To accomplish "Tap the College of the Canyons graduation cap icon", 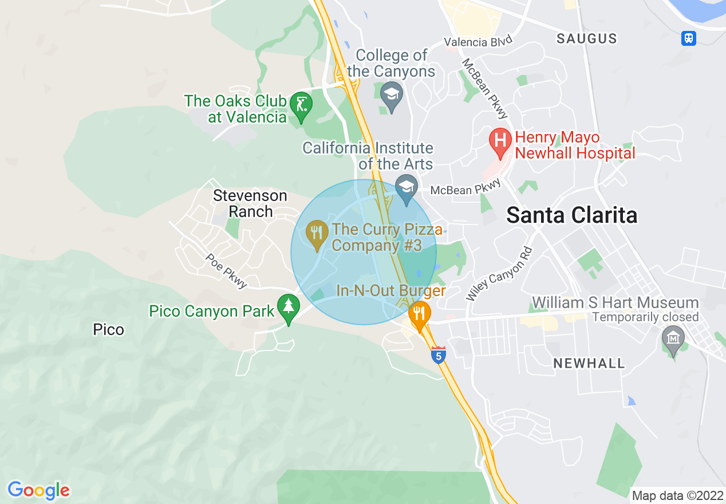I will [392, 94].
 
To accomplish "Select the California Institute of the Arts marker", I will [406, 188].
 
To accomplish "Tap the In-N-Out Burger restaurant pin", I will [420, 314].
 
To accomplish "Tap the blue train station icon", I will [689, 38].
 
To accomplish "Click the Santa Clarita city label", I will [572, 215].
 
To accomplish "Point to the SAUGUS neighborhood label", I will [587, 38].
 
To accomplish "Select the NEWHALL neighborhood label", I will [589, 363].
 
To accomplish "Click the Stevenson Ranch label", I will [250, 203].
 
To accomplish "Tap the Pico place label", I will [108, 330].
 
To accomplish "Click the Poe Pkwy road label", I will [227, 270].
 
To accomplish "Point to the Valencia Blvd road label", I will [478, 41].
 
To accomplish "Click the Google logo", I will [38, 490].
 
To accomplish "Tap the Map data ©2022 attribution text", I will [676, 495].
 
